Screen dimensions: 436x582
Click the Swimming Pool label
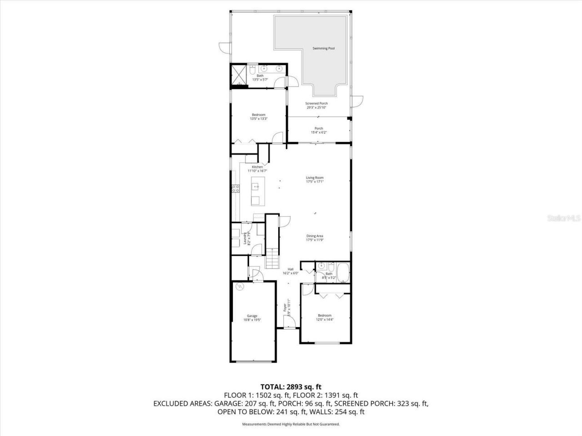pyautogui.click(x=323, y=48)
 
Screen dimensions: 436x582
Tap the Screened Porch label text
pyautogui.click(x=316, y=104)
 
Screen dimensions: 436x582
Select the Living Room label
pyautogui.click(x=315, y=178)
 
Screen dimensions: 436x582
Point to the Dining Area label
pyautogui.click(x=315, y=236)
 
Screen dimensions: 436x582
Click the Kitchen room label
pyautogui.click(x=257, y=167)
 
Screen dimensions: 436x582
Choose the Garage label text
pyautogui.click(x=252, y=316)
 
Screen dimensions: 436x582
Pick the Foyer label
pyautogui.click(x=285, y=308)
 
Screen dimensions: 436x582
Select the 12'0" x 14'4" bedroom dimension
pyautogui.click(x=325, y=319)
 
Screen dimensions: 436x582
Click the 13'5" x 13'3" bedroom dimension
pyautogui.click(x=258, y=119)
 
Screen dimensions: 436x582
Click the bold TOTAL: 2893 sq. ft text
pyautogui.click(x=291, y=387)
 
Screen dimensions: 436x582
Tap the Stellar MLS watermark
pyautogui.click(x=564, y=218)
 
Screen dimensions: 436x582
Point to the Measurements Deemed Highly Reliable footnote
pyautogui.click(x=291, y=424)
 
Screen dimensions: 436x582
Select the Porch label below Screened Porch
pyautogui.click(x=319, y=129)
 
